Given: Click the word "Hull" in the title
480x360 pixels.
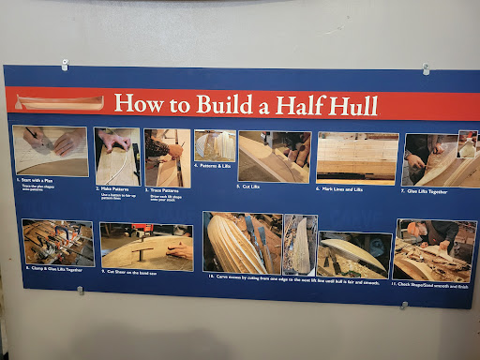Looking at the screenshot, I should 349,105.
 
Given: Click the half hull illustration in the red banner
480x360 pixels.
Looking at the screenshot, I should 55,102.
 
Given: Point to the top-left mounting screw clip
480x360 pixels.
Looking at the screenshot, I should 65,65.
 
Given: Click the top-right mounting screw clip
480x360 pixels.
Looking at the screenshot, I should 426,68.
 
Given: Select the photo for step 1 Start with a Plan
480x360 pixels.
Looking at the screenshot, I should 52,150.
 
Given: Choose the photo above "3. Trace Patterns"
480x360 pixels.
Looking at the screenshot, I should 167,157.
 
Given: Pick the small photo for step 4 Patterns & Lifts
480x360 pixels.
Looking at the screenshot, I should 215,146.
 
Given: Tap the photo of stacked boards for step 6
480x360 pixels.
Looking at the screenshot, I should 356,157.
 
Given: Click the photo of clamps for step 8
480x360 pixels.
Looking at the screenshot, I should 58,242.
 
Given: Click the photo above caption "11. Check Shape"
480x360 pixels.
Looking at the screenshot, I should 435,249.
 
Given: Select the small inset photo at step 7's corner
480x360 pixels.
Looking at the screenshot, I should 467,143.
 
